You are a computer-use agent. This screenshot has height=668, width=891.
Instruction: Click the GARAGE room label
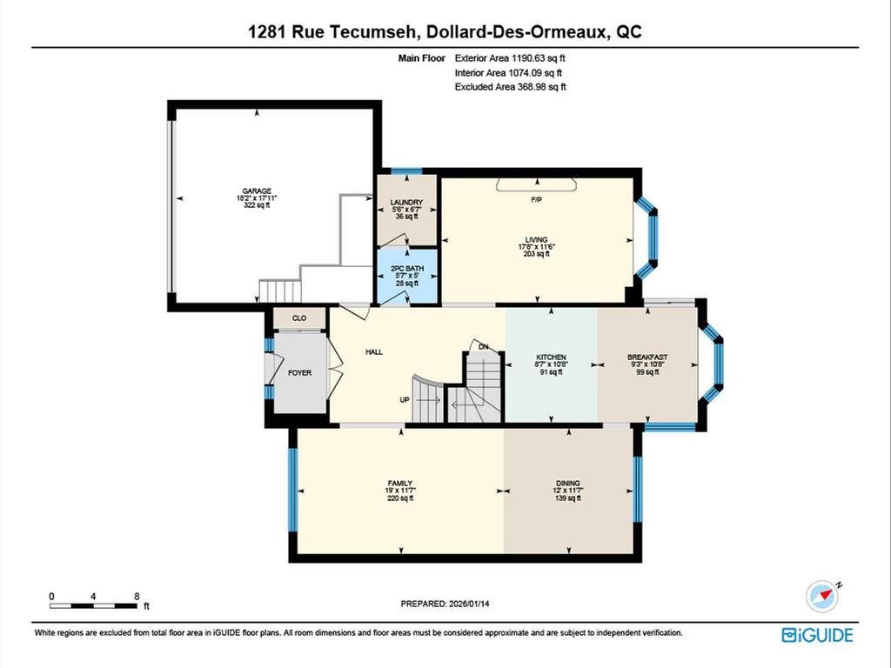click(258, 190)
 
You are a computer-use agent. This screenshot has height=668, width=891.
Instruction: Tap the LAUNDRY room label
click(405, 203)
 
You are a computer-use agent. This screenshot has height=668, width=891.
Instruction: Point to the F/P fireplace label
click(537, 200)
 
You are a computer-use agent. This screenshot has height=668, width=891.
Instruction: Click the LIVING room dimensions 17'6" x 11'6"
click(536, 247)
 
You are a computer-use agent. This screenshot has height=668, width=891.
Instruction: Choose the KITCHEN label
click(551, 357)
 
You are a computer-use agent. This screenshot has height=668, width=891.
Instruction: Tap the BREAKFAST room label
click(647, 357)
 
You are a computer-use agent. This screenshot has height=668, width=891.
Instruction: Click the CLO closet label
click(298, 319)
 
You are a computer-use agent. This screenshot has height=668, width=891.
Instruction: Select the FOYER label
click(299, 372)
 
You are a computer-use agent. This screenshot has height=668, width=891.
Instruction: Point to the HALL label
click(374, 351)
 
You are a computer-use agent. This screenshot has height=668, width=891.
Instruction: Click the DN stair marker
click(485, 347)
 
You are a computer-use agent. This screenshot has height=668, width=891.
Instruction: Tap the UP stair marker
click(405, 400)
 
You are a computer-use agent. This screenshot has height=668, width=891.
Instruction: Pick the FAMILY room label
click(400, 483)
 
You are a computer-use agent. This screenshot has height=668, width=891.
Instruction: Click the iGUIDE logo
click(817, 635)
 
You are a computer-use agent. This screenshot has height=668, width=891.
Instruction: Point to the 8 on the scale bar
click(137, 597)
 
